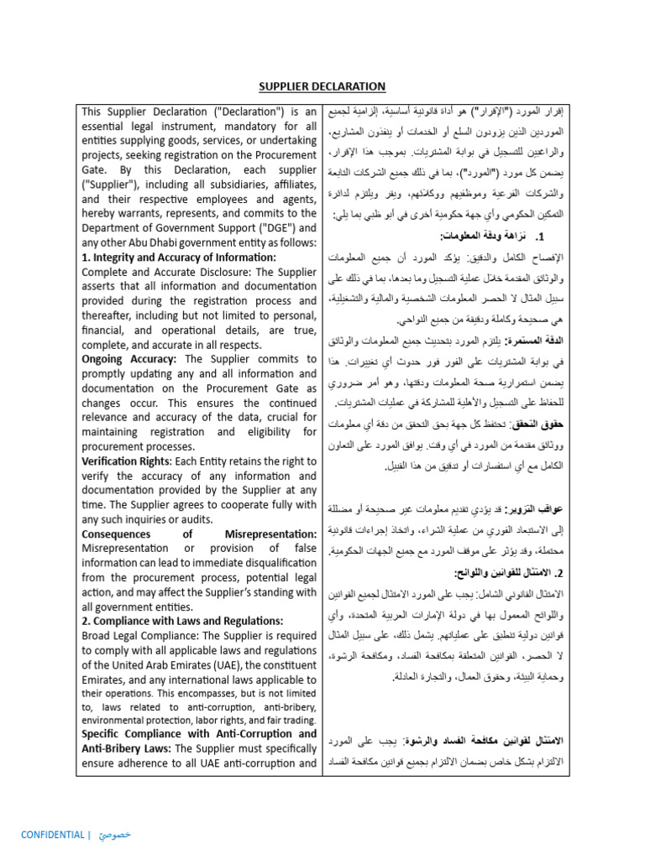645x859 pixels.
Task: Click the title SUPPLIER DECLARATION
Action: point(322,86)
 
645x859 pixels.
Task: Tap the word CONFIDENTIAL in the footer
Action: point(52,835)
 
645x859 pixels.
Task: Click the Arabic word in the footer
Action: point(114,835)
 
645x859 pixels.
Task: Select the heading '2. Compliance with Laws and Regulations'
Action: point(182,622)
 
